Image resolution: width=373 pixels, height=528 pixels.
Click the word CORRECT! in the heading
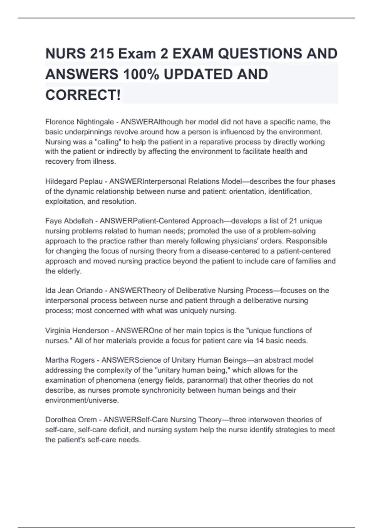pyautogui.click(x=83, y=95)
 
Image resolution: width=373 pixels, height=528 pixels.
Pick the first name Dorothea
pyautogui.click(x=60, y=420)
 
